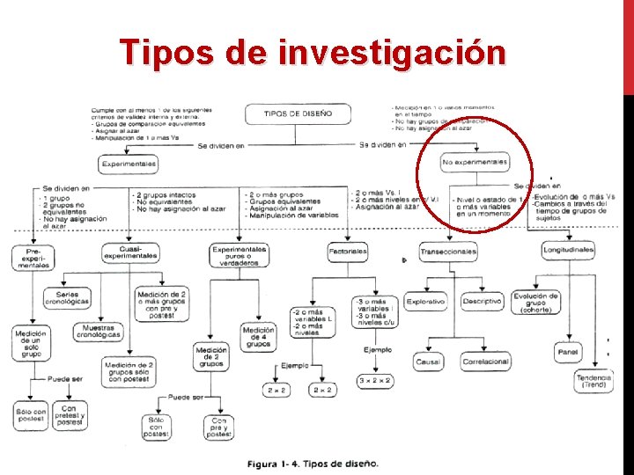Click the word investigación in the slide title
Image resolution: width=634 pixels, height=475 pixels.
coord(392,53)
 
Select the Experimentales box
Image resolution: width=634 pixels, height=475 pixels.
coord(129,164)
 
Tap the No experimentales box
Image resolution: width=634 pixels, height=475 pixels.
coord(475,163)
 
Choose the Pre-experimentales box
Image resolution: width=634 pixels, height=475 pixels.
coord(32,257)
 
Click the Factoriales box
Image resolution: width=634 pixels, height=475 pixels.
coord(348,252)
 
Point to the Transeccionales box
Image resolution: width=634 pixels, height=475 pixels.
coord(448,252)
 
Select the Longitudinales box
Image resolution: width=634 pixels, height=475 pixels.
coord(568,251)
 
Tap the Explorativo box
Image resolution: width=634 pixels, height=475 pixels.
coord(425,301)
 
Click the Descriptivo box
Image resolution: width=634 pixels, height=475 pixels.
coord(483,301)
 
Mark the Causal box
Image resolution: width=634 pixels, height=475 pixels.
coord(428,361)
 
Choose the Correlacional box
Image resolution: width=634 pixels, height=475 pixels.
coord(485,361)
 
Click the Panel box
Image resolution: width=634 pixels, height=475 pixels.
coord(568,353)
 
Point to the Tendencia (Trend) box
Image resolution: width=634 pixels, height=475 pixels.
coord(593,382)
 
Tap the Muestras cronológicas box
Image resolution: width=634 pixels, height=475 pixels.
coord(98,332)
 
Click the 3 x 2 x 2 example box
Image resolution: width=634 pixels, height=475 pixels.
coord(375,381)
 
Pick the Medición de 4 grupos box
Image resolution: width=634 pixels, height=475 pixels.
coord(258,337)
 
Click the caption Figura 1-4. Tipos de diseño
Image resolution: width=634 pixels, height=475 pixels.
coord(313,463)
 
